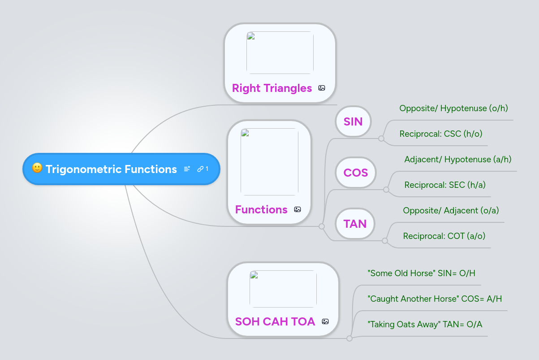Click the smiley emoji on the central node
coord(37,169)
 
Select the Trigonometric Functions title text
coord(111,169)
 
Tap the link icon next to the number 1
coord(200,169)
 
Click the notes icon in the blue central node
coord(187,169)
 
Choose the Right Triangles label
coord(272,88)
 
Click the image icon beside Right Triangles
coord(322,88)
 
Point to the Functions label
coord(261,209)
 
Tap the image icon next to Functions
coord(298,209)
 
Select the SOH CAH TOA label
coord(275,321)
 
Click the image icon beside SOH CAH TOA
coord(325,321)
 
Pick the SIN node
coord(353,121)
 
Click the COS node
coord(356,173)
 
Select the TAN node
coord(355,224)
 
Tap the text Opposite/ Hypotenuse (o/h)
coord(453,108)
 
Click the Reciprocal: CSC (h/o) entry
coord(440,134)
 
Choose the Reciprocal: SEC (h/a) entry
coord(444,185)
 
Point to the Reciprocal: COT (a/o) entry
coord(444,236)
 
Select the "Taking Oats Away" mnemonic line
coord(424,324)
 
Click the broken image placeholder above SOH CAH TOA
coord(283,289)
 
